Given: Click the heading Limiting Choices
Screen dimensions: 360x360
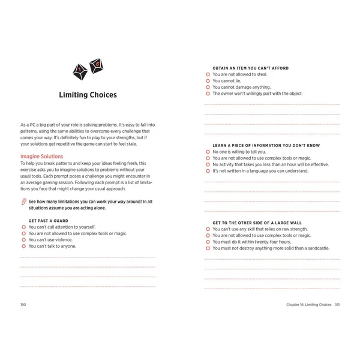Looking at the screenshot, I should pyautogui.click(x=88, y=95).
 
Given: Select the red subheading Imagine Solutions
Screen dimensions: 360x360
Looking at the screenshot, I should pyautogui.click(x=41, y=157).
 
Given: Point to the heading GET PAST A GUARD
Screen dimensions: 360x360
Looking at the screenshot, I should pyautogui.click(x=43, y=221).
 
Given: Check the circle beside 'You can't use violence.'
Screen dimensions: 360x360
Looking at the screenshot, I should pyautogui.click(x=23, y=239).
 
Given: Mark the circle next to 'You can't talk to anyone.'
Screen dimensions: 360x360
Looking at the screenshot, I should pyautogui.click(x=23, y=246).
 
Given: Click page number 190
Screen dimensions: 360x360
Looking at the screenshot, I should pyautogui.click(x=23, y=305).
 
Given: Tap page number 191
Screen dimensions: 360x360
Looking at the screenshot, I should pyautogui.click(x=338, y=305).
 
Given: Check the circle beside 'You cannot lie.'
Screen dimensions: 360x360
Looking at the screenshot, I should pyautogui.click(x=208, y=81).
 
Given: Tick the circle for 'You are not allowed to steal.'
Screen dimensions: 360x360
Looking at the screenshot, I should pyautogui.click(x=208, y=74).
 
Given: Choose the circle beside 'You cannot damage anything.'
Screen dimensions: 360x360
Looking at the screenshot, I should pyautogui.click(x=208, y=88).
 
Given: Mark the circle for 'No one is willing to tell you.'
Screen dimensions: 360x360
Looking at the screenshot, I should pyautogui.click(x=208, y=152).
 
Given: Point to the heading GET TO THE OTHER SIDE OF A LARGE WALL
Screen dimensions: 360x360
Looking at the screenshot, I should pyautogui.click(x=257, y=223).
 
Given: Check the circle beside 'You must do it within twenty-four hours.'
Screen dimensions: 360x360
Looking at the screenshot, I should pyautogui.click(x=208, y=242).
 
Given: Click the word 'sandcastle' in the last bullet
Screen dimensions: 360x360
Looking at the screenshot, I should pyautogui.click(x=321, y=248).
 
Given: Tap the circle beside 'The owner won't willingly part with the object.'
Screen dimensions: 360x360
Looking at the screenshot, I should pyautogui.click(x=208, y=94).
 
